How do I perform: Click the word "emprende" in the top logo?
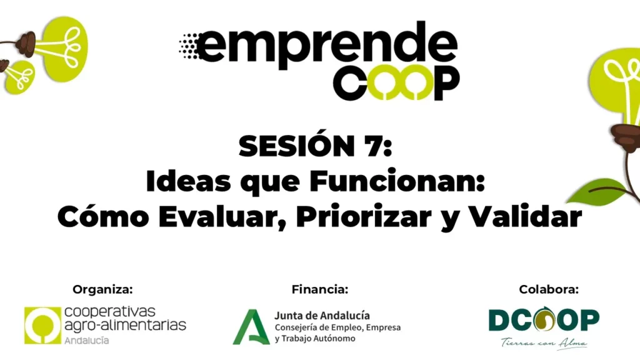coord(326,44)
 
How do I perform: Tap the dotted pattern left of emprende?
coord(189,46)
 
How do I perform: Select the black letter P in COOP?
coord(446,83)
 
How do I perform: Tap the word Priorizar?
coord(364,216)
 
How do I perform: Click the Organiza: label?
coord(102,289)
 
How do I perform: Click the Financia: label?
coord(319,289)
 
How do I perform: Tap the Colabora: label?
coord(549,289)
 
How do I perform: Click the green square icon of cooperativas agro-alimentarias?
coord(42,325)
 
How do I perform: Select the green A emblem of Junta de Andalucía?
coord(251,327)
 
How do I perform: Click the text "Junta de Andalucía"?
coord(322,316)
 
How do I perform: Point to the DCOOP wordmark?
coord(544,319)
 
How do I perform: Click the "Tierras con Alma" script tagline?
coord(544,343)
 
